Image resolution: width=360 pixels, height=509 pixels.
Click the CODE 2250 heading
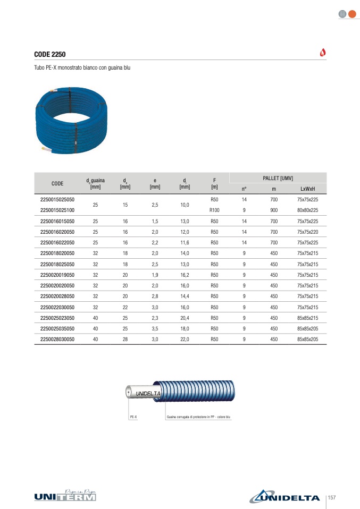49,54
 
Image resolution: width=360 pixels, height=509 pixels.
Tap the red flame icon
323,52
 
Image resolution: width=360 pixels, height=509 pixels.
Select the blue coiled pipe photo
71,120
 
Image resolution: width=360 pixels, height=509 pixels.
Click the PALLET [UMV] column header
278,178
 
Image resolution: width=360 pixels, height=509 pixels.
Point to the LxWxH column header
307,189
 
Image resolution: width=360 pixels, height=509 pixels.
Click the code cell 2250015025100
57,210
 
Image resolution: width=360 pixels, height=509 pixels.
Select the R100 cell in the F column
214,210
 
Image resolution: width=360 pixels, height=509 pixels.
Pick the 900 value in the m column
274,210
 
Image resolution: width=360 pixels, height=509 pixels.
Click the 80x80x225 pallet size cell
307,210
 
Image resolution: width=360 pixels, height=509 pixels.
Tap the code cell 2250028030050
57,339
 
